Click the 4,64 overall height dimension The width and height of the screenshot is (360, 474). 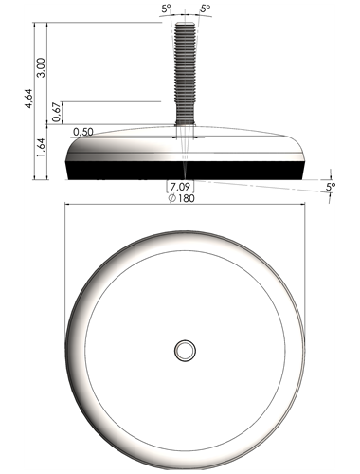pos(28,99)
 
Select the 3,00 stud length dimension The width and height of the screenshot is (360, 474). pos(41,67)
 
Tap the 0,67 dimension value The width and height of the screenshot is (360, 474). pos(57,113)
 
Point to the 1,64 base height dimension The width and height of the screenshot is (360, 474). pos(41,148)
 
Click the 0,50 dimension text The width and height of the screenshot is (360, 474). pos(83,132)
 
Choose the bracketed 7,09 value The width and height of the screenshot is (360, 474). pos(180,187)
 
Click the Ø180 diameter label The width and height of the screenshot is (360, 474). pos(182,198)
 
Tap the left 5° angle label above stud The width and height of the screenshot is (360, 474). pos(166,9)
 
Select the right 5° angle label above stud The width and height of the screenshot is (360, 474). pos(205,9)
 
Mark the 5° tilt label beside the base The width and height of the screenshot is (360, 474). pos(331,187)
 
